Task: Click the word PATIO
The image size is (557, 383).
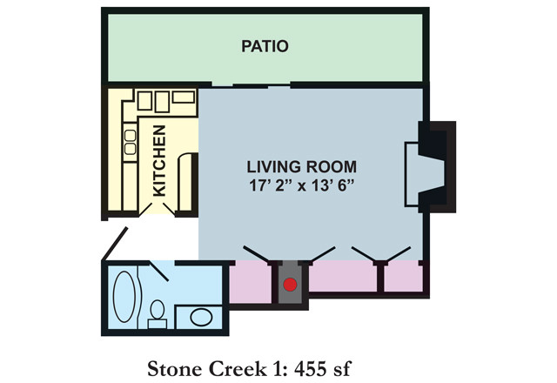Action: [x=265, y=46]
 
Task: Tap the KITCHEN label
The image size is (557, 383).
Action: [x=160, y=160]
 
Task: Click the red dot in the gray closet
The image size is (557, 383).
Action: [x=291, y=284]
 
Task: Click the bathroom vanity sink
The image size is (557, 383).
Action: [x=199, y=317]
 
